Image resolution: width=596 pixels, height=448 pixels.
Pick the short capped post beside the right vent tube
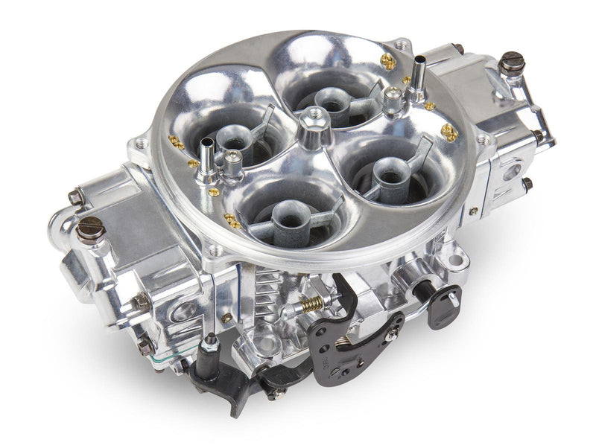tap(393, 95)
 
